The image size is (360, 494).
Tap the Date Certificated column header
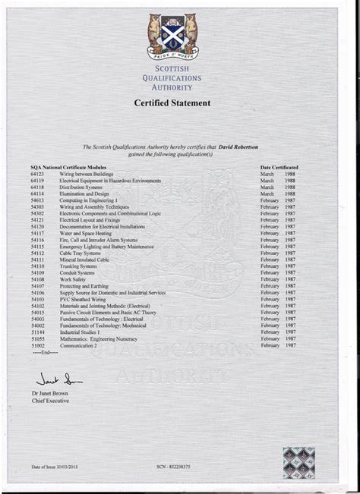coord(279,166)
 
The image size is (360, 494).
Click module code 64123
coord(38,174)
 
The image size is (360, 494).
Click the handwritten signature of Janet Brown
coord(57,378)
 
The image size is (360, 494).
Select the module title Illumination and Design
coord(84,194)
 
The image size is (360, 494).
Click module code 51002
coord(38,345)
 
